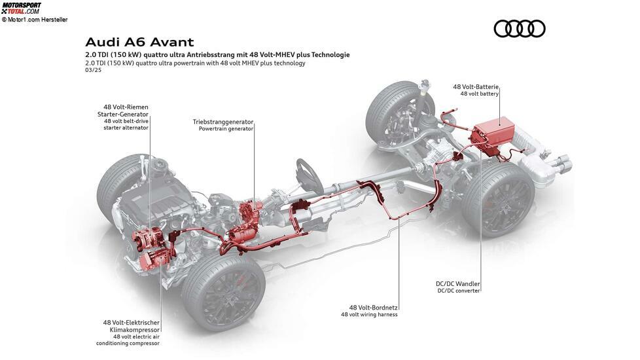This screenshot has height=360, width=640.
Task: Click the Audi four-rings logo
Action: click(x=519, y=29)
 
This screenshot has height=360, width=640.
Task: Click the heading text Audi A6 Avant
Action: click(x=139, y=43)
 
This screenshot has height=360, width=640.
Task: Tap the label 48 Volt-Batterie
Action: click(x=476, y=86)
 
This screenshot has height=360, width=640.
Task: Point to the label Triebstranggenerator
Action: click(x=223, y=122)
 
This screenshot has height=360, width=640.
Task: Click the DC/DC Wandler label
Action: click(x=457, y=283)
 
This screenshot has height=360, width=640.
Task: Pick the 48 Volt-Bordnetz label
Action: click(x=374, y=308)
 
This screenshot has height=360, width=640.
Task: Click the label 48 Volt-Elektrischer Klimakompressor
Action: click(x=131, y=326)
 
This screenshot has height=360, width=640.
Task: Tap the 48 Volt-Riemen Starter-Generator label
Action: click(x=123, y=111)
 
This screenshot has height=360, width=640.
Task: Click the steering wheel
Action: click(x=309, y=176)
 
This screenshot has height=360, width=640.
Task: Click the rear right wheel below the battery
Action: click(x=499, y=200)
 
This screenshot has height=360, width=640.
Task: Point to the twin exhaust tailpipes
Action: click(x=562, y=164)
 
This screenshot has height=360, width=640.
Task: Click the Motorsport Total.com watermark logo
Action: click(x=21, y=8)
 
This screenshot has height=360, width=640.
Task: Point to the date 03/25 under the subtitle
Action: click(x=93, y=70)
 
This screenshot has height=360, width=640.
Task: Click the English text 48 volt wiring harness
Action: click(x=369, y=314)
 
